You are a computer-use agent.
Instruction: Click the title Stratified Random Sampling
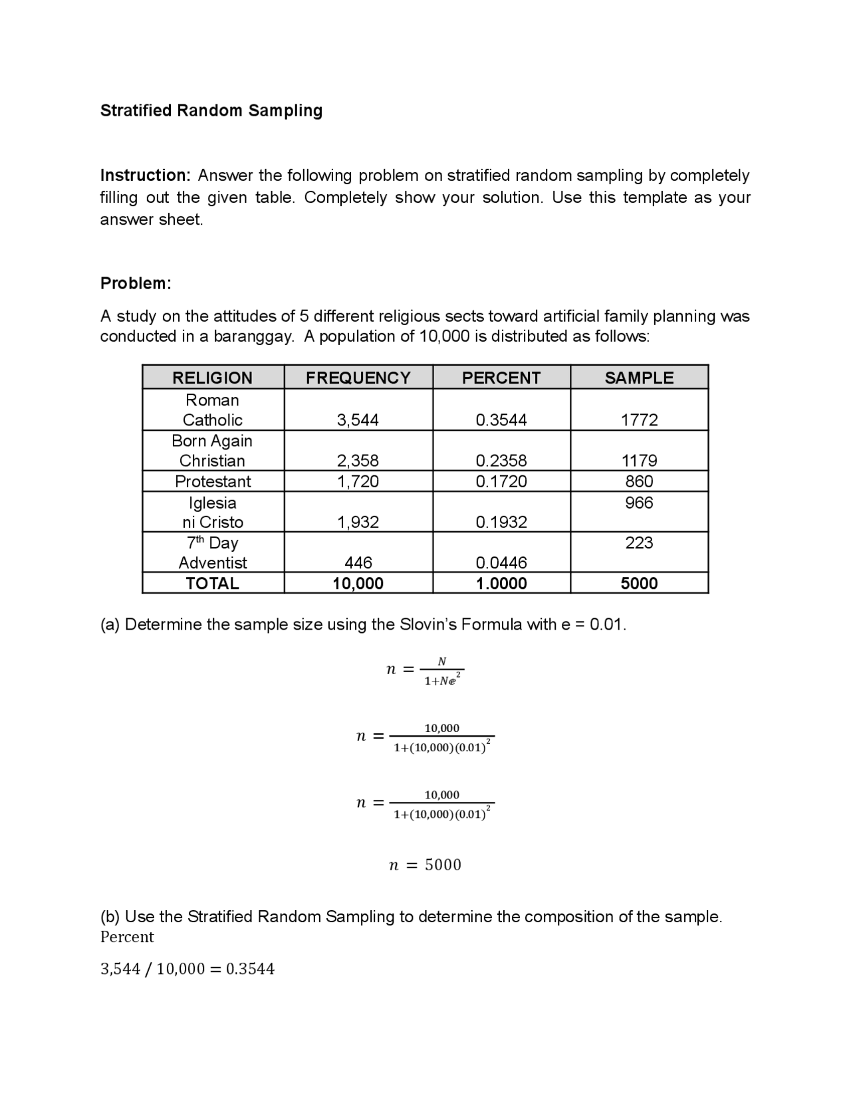pos(211,110)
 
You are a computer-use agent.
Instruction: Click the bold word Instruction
pos(145,176)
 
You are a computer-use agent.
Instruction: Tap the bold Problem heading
pos(136,283)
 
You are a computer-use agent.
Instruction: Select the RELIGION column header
pos(212,378)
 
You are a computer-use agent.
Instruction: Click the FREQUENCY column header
pos(358,378)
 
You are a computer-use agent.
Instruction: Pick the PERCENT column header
pos(501,378)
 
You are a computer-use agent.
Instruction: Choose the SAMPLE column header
pos(638,378)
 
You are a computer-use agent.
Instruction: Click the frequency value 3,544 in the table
pos(358,420)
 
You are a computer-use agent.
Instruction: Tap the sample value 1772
pos(639,420)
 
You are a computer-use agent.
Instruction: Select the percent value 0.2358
pos(501,461)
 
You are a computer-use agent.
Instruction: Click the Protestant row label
pos(213,481)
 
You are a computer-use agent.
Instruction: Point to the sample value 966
pos(639,503)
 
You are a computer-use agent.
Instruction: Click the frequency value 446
pos(358,563)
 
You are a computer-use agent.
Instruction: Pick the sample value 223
pos(639,543)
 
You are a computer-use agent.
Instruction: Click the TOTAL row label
pos(212,584)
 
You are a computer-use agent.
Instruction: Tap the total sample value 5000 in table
pos(639,584)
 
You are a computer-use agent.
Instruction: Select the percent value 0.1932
pos(501,523)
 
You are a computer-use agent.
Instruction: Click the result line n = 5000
pos(424,865)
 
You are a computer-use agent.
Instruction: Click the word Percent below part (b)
pos(126,937)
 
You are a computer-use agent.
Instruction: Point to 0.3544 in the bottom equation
pos(250,969)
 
